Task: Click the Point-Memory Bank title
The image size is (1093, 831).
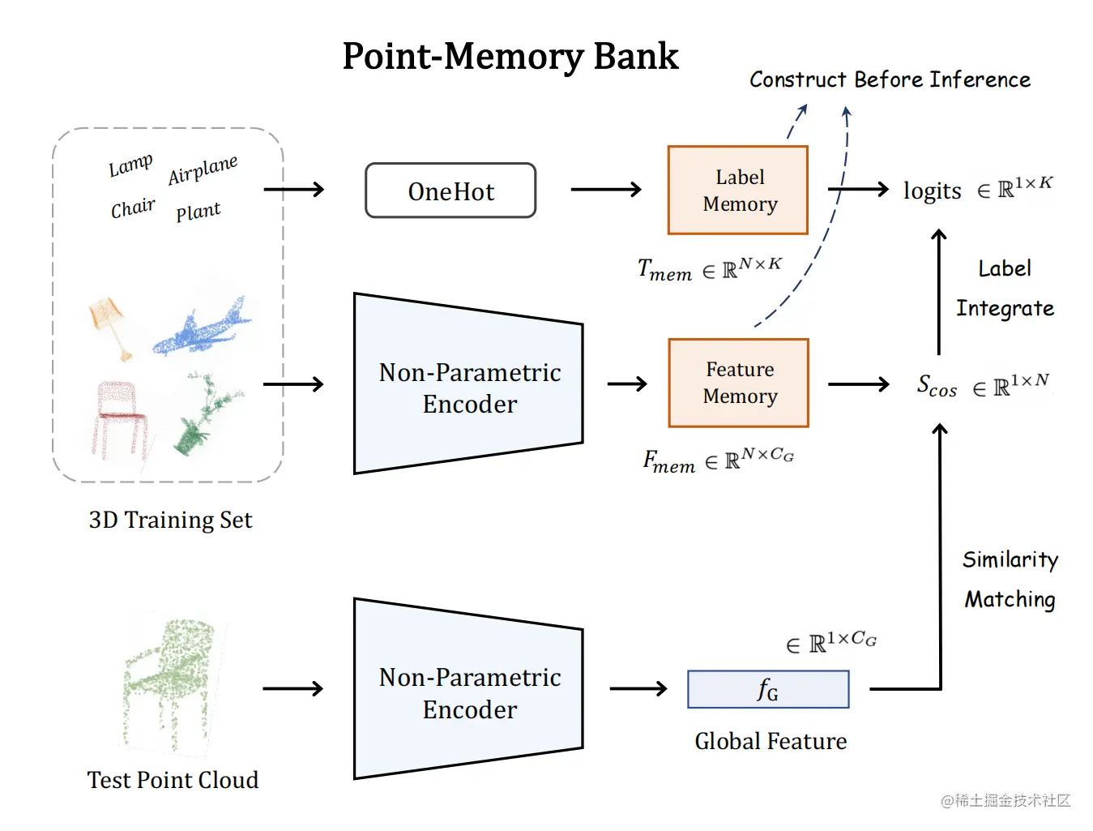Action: pyautogui.click(x=510, y=57)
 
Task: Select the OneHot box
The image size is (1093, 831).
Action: pyautogui.click(x=450, y=191)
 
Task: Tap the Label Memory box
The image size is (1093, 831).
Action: pyautogui.click(x=738, y=191)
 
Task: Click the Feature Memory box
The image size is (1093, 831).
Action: pyautogui.click(x=739, y=383)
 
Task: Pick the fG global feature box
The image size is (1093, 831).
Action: pyautogui.click(x=768, y=690)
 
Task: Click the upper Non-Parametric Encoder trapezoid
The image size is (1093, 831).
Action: pyautogui.click(x=468, y=384)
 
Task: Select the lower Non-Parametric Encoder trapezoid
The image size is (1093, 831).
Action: pyautogui.click(x=468, y=690)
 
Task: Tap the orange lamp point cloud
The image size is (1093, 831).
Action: pyautogui.click(x=110, y=324)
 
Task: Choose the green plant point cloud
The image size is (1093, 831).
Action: pyautogui.click(x=203, y=413)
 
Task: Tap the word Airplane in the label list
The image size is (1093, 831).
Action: pyautogui.click(x=203, y=170)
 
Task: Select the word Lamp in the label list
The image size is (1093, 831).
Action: pyautogui.click(x=130, y=165)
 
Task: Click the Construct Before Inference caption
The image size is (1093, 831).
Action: pyautogui.click(x=890, y=79)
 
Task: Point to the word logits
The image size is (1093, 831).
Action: pyautogui.click(x=933, y=191)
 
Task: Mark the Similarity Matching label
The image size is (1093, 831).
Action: pyautogui.click(x=1010, y=579)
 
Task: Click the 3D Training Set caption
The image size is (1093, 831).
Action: pyautogui.click(x=170, y=520)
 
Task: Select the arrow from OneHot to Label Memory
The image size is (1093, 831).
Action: pyautogui.click(x=605, y=190)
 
